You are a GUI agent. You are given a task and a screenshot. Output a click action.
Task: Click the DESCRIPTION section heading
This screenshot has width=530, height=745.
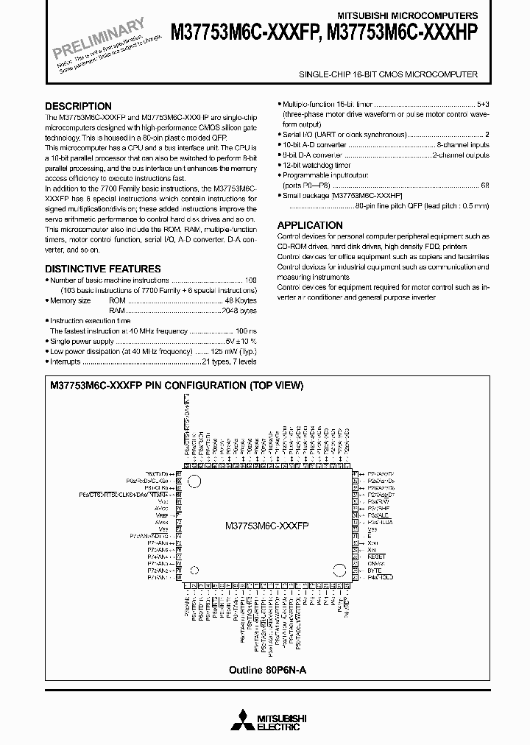(x=78, y=106)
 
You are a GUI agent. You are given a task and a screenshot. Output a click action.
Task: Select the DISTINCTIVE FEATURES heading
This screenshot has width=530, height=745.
(x=103, y=269)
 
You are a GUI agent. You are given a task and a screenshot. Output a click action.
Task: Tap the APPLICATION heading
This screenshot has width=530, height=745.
(x=310, y=225)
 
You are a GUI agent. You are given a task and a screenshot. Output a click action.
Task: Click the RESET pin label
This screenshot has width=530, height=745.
(x=376, y=557)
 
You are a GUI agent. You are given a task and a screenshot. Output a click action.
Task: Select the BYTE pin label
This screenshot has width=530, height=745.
(x=374, y=570)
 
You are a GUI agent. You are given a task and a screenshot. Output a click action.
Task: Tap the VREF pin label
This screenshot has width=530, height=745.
(x=162, y=516)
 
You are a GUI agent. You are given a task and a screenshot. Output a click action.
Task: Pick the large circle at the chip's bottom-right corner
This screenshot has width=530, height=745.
(x=339, y=571)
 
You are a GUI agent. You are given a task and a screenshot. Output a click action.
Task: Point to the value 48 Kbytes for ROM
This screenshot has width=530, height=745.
(x=242, y=300)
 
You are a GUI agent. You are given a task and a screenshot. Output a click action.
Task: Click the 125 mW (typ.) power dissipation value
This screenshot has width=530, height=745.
(x=230, y=353)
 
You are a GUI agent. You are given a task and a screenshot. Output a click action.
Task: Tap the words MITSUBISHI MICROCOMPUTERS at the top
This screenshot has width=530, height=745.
(x=419, y=15)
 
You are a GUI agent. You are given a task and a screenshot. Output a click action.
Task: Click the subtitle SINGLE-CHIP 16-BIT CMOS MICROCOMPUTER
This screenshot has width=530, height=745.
(x=388, y=74)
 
